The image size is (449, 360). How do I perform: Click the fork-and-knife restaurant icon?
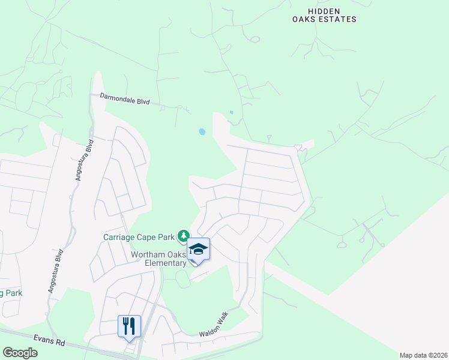(129, 326)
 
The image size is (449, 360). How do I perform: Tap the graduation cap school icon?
(199, 248)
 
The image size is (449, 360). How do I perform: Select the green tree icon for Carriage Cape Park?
(184, 236)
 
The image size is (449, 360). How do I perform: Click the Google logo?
(20, 353)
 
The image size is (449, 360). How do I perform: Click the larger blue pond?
(202, 131)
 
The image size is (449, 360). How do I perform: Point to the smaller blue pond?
(231, 112)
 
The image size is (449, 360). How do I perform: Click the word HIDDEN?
(324, 11)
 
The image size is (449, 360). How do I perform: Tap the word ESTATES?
(340, 19)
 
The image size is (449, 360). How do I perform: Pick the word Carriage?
(120, 236)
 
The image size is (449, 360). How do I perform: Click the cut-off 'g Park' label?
(11, 293)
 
